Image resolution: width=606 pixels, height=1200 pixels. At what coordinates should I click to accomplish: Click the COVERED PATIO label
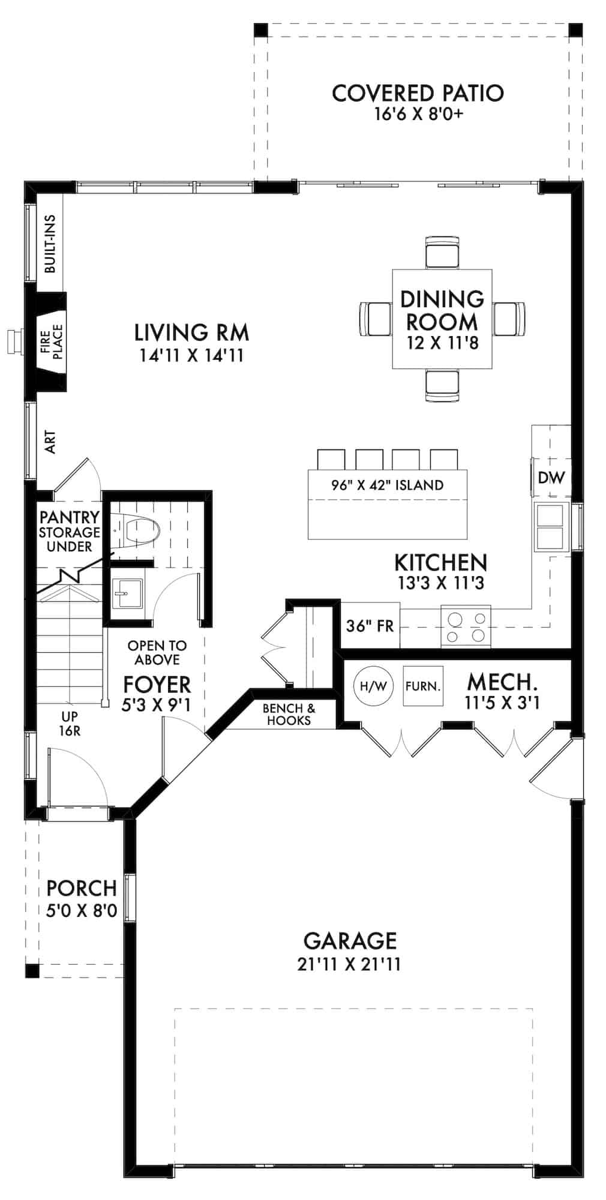418,94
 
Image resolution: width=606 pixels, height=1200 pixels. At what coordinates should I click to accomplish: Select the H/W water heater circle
373,686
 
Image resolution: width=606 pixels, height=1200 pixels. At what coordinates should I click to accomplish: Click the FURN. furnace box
423,686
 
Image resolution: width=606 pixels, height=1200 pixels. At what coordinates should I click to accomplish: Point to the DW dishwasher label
551,478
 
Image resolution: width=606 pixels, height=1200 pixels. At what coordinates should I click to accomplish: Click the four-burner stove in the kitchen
466,626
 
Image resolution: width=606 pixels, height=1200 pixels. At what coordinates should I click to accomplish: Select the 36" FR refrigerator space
370,626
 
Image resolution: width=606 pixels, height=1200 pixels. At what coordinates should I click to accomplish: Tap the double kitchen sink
551,526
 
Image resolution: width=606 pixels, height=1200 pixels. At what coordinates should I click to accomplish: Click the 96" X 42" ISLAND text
387,485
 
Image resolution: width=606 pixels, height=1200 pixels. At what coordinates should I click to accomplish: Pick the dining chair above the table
442,252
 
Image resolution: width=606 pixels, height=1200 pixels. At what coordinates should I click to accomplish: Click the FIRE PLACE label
52,341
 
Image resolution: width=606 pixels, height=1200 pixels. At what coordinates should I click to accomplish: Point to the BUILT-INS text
50,244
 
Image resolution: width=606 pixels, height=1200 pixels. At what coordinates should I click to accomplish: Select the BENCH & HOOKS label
289,714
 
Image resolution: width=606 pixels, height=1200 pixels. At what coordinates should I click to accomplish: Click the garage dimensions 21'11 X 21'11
349,964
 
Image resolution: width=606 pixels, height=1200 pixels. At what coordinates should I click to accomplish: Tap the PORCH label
82,888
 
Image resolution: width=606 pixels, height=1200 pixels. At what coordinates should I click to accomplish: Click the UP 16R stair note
70,724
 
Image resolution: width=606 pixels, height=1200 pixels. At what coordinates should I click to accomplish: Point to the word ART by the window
50,442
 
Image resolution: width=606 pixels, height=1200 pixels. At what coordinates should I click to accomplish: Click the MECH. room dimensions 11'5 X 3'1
502,702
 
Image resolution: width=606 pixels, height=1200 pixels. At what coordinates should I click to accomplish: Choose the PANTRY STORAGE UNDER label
70,532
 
